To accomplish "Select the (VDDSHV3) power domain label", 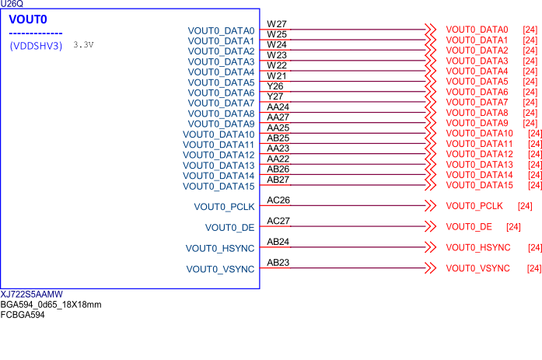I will click(36, 46).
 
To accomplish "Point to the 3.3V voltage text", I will click(83, 45).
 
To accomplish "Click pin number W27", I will click(277, 24).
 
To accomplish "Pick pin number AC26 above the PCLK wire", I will click(278, 200).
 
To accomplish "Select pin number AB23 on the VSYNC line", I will click(278, 263).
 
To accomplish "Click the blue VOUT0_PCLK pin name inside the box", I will click(224, 207).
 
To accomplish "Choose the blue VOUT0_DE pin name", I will click(229, 228).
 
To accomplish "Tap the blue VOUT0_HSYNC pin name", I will click(220, 249).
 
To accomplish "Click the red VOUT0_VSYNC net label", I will click(477, 268).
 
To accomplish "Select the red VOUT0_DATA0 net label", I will click(477, 30).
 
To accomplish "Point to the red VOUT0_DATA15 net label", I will click(479, 185).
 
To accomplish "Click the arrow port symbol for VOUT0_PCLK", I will click(430, 206).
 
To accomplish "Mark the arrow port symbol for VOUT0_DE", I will click(430, 227).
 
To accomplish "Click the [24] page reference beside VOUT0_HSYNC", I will click(534, 248).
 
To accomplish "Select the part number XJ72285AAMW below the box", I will click(32, 295).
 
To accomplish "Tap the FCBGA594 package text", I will click(23, 315).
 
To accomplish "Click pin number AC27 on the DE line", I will click(278, 221).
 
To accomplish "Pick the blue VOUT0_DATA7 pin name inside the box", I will click(221, 103).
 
